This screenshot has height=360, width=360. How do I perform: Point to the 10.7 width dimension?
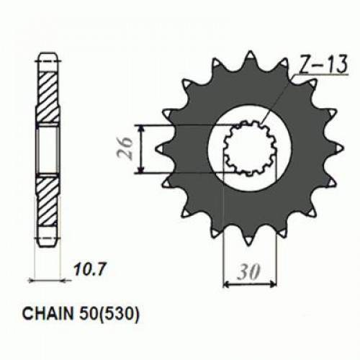tap(85, 273)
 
